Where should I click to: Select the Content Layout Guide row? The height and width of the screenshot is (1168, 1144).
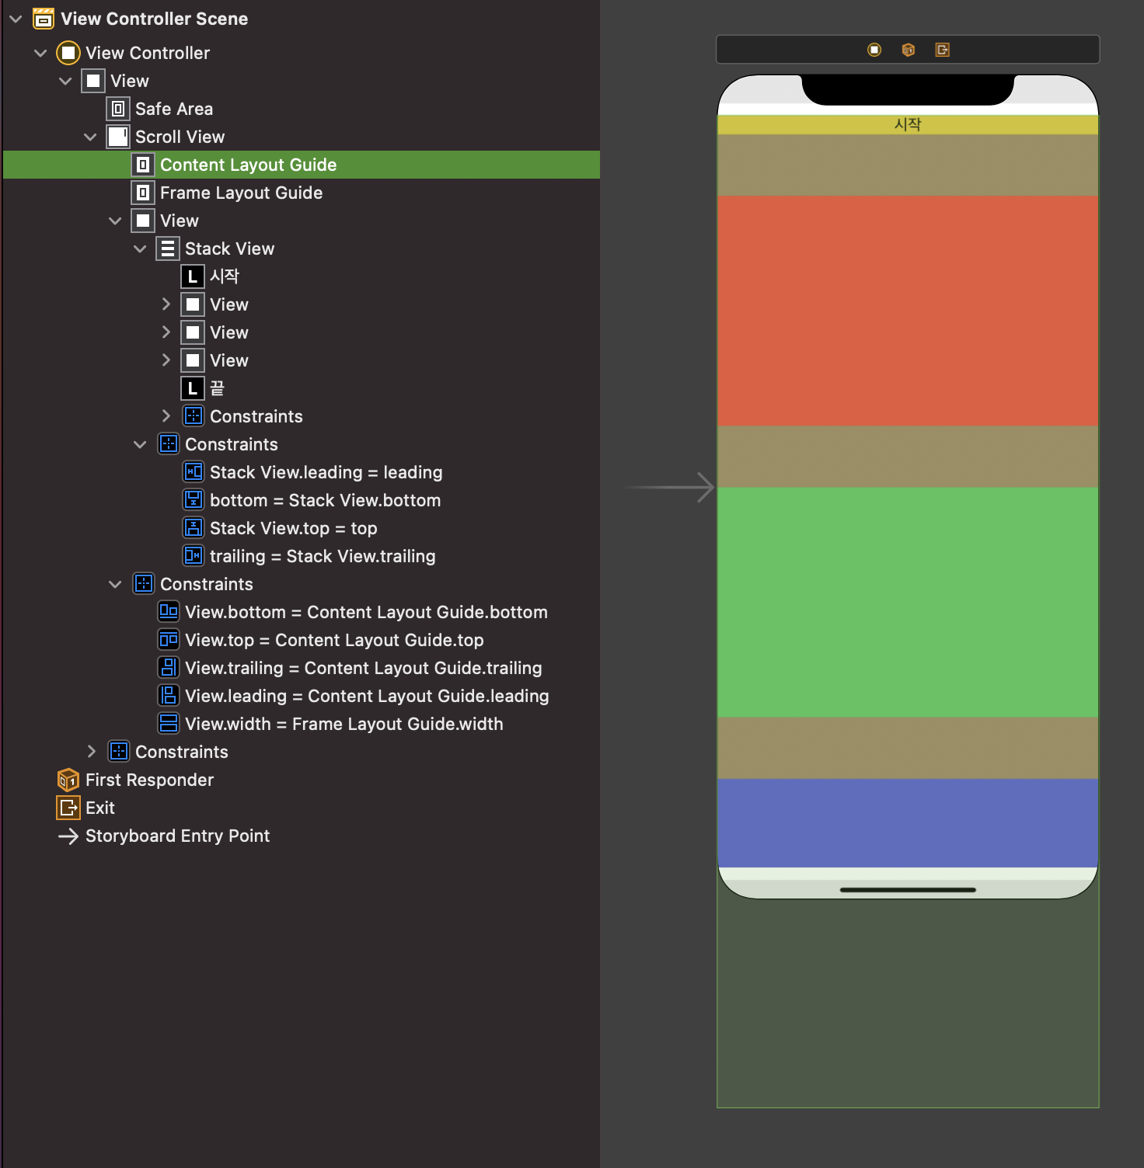[x=248, y=165]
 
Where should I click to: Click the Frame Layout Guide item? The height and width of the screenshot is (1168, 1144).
[x=241, y=193]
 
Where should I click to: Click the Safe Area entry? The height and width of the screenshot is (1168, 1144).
[x=173, y=109]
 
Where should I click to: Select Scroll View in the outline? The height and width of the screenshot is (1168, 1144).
[x=180, y=137]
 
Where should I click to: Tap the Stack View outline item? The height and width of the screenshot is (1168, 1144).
[x=229, y=249]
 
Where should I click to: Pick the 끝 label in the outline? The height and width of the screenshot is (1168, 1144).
[x=217, y=388]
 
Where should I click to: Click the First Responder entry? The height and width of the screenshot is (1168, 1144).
[x=149, y=780]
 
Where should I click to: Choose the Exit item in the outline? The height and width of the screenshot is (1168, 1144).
[x=99, y=808]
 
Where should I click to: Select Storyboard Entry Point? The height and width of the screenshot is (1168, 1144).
[x=177, y=836]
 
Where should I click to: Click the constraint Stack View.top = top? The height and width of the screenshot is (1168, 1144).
[x=293, y=528]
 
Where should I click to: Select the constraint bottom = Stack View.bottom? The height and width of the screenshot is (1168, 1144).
[x=325, y=500]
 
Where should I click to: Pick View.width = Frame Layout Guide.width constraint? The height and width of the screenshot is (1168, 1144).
[x=344, y=724]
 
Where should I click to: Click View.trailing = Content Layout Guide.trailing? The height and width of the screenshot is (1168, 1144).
[x=363, y=668]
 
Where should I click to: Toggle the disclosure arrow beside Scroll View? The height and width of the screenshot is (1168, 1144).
[x=90, y=137]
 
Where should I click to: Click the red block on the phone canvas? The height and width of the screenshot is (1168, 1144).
[x=908, y=311]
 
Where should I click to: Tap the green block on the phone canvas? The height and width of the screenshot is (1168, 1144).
[x=908, y=602]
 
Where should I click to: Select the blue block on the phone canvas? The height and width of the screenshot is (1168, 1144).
[x=908, y=822]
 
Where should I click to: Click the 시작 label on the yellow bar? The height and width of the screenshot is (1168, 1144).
[x=908, y=124]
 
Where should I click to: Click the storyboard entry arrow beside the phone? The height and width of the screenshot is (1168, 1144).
[x=671, y=487]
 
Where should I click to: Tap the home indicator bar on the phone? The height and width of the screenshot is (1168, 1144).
[x=908, y=890]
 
